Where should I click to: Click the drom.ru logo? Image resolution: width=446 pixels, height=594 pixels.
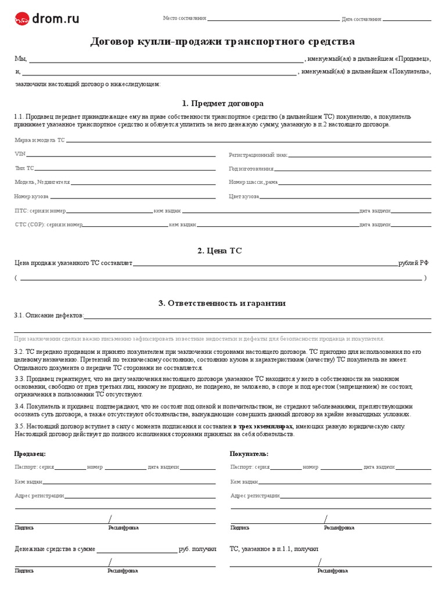(47, 19)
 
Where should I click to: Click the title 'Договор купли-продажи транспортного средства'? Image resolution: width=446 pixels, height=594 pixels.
(222, 42)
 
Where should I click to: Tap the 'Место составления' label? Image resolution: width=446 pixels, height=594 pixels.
(185, 19)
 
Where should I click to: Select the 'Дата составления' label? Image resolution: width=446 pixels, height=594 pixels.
(362, 19)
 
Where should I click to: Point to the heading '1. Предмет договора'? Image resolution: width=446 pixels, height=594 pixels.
(222, 103)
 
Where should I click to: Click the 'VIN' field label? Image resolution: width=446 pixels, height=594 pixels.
(20, 154)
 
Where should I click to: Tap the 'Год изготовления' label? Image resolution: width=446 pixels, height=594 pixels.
(251, 169)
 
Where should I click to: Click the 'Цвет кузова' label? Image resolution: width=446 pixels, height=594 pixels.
(244, 197)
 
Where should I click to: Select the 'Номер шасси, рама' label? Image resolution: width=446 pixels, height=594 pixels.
(254, 182)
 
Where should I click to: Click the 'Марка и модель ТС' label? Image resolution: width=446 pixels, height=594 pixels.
(39, 140)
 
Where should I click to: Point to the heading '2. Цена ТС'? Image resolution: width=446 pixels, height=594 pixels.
(220, 251)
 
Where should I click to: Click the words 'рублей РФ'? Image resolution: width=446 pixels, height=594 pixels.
(413, 263)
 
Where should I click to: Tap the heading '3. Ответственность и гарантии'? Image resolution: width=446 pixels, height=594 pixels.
(222, 303)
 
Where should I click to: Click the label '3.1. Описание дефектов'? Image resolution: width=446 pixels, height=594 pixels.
(49, 316)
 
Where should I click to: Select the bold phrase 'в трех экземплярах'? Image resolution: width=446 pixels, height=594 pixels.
(263, 426)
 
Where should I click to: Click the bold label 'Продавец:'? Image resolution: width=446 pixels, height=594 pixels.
(30, 454)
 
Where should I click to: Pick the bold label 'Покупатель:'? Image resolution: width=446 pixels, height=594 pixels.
(249, 454)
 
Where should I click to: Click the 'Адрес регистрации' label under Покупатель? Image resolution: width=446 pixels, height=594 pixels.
(255, 496)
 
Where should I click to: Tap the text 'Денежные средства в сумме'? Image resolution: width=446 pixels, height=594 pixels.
(55, 548)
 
